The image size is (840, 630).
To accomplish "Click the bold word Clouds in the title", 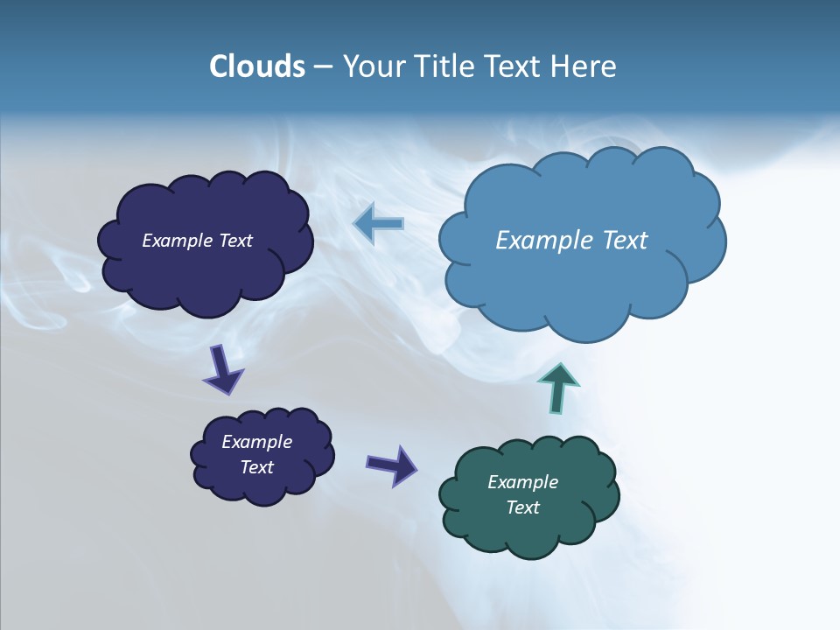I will tap(257, 66).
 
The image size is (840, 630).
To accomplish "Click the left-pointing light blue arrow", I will tap(379, 224).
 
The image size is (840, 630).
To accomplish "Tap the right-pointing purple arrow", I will tap(392, 465).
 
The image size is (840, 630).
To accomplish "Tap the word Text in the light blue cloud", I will tap(625, 241).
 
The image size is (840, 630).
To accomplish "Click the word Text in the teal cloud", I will tap(522, 507).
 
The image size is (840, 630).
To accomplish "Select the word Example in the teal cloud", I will tap(522, 482).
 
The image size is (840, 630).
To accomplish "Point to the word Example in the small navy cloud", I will tap(256, 442).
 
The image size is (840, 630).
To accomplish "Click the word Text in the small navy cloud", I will tap(256, 467).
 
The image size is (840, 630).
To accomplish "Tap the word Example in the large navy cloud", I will tap(178, 241).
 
